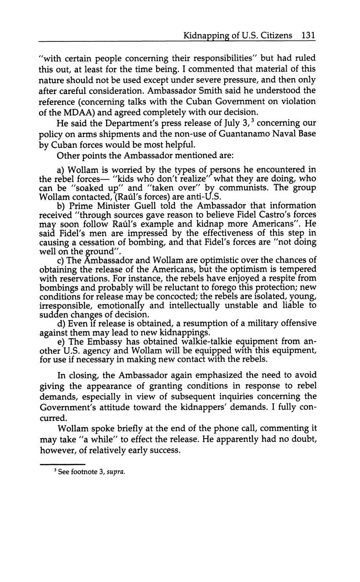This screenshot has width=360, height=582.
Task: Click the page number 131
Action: coord(309,35)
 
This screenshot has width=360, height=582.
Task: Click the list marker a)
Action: coord(61,170)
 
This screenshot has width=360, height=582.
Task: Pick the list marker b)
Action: coord(61,206)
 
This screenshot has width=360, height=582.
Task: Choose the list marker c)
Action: coord(60,260)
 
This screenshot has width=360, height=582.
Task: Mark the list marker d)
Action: coord(61,323)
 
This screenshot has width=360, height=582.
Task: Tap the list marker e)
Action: coord(60,342)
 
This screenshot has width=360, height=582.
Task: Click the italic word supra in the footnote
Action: coord(116,472)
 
